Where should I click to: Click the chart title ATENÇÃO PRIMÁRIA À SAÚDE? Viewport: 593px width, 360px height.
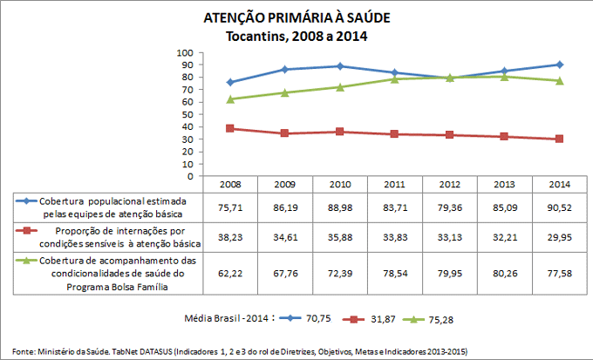pyautogui.click(x=296, y=18)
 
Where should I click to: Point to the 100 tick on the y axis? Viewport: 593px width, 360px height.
pyautogui.click(x=186, y=52)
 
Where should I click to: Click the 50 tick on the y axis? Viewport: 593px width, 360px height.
pyautogui.click(x=188, y=114)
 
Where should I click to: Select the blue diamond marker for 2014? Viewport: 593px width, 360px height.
pyautogui.click(x=559, y=65)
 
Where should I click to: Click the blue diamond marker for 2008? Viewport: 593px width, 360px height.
pyautogui.click(x=230, y=82)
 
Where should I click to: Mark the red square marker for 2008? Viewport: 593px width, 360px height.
pyautogui.click(x=230, y=128)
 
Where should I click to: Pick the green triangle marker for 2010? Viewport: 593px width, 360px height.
pyautogui.click(x=340, y=87)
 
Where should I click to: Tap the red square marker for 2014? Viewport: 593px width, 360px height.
pyautogui.click(x=559, y=139)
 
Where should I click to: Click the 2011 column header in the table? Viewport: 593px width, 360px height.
pyautogui.click(x=395, y=184)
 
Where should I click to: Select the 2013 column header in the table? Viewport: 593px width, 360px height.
pyautogui.click(x=504, y=184)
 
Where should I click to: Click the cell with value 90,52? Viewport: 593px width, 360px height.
pyautogui.click(x=559, y=208)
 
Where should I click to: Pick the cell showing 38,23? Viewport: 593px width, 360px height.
pyautogui.click(x=230, y=237)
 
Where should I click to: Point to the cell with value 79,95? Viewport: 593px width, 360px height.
pyautogui.click(x=449, y=272)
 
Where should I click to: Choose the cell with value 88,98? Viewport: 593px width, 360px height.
pyautogui.click(x=340, y=208)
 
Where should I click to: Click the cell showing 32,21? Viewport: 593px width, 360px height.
pyautogui.click(x=504, y=237)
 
